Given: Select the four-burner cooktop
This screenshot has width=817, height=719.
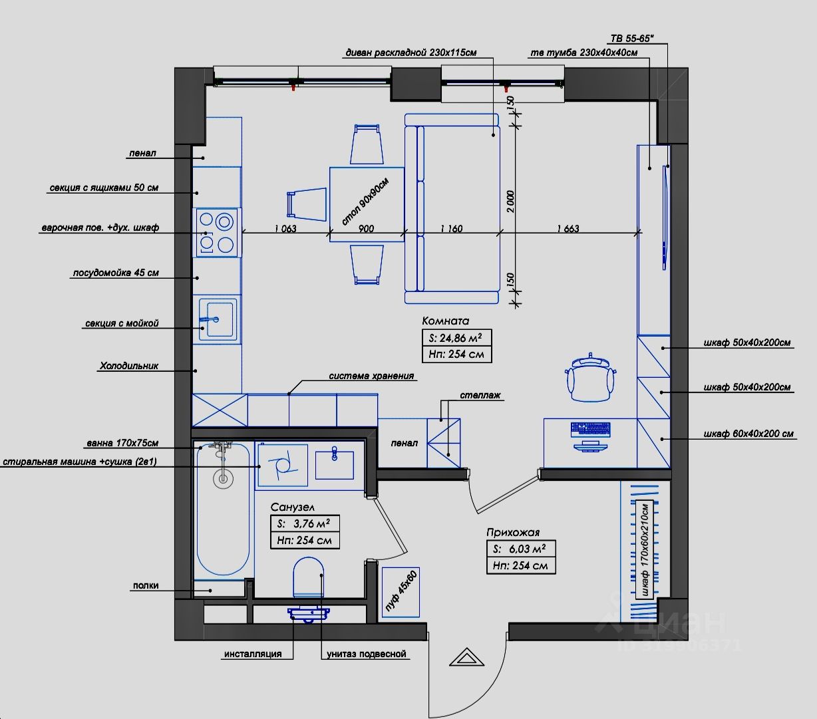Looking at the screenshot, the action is [x=217, y=233].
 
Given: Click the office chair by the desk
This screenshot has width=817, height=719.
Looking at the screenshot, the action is [x=591, y=377].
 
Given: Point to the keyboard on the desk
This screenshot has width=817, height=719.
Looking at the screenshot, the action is [x=591, y=429].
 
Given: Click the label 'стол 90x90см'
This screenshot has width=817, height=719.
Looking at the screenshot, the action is [x=365, y=202].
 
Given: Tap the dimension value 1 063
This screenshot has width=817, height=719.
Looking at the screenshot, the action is [x=285, y=229].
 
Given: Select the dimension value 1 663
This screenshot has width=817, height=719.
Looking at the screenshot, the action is [x=568, y=229].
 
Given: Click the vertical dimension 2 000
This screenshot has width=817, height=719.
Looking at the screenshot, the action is [x=510, y=202].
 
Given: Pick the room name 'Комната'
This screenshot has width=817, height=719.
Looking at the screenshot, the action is [x=446, y=321].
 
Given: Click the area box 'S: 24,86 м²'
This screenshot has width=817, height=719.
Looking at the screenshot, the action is [x=456, y=337].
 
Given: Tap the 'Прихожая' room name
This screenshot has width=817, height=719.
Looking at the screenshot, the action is [x=513, y=532].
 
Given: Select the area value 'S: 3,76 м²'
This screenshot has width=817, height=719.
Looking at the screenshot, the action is [x=305, y=523].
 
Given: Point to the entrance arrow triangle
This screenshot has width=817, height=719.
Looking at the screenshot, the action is [x=466, y=657].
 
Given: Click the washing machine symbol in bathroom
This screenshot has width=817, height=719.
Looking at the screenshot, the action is [x=283, y=465].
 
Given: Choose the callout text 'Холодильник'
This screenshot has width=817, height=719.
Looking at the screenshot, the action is [x=129, y=366].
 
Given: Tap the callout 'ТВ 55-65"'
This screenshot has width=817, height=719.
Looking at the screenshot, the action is [x=632, y=39].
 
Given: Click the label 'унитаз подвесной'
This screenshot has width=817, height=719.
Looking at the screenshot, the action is [x=366, y=654].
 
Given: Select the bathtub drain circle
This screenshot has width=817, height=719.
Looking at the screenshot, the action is [x=223, y=479].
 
